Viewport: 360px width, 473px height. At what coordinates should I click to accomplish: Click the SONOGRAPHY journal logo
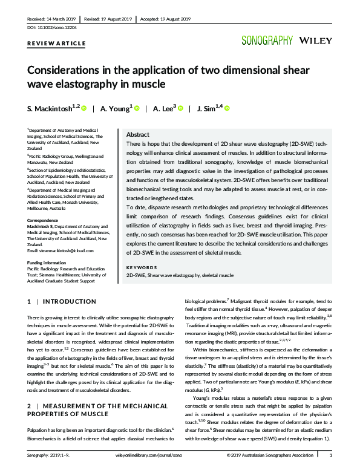[x=266, y=41]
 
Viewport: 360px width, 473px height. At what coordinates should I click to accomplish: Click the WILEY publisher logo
[x=315, y=41]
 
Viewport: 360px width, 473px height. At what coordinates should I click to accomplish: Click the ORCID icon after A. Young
[x=136, y=109]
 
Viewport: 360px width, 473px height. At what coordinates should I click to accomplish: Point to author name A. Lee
[x=163, y=108]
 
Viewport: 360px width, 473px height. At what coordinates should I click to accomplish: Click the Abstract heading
[x=137, y=135]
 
